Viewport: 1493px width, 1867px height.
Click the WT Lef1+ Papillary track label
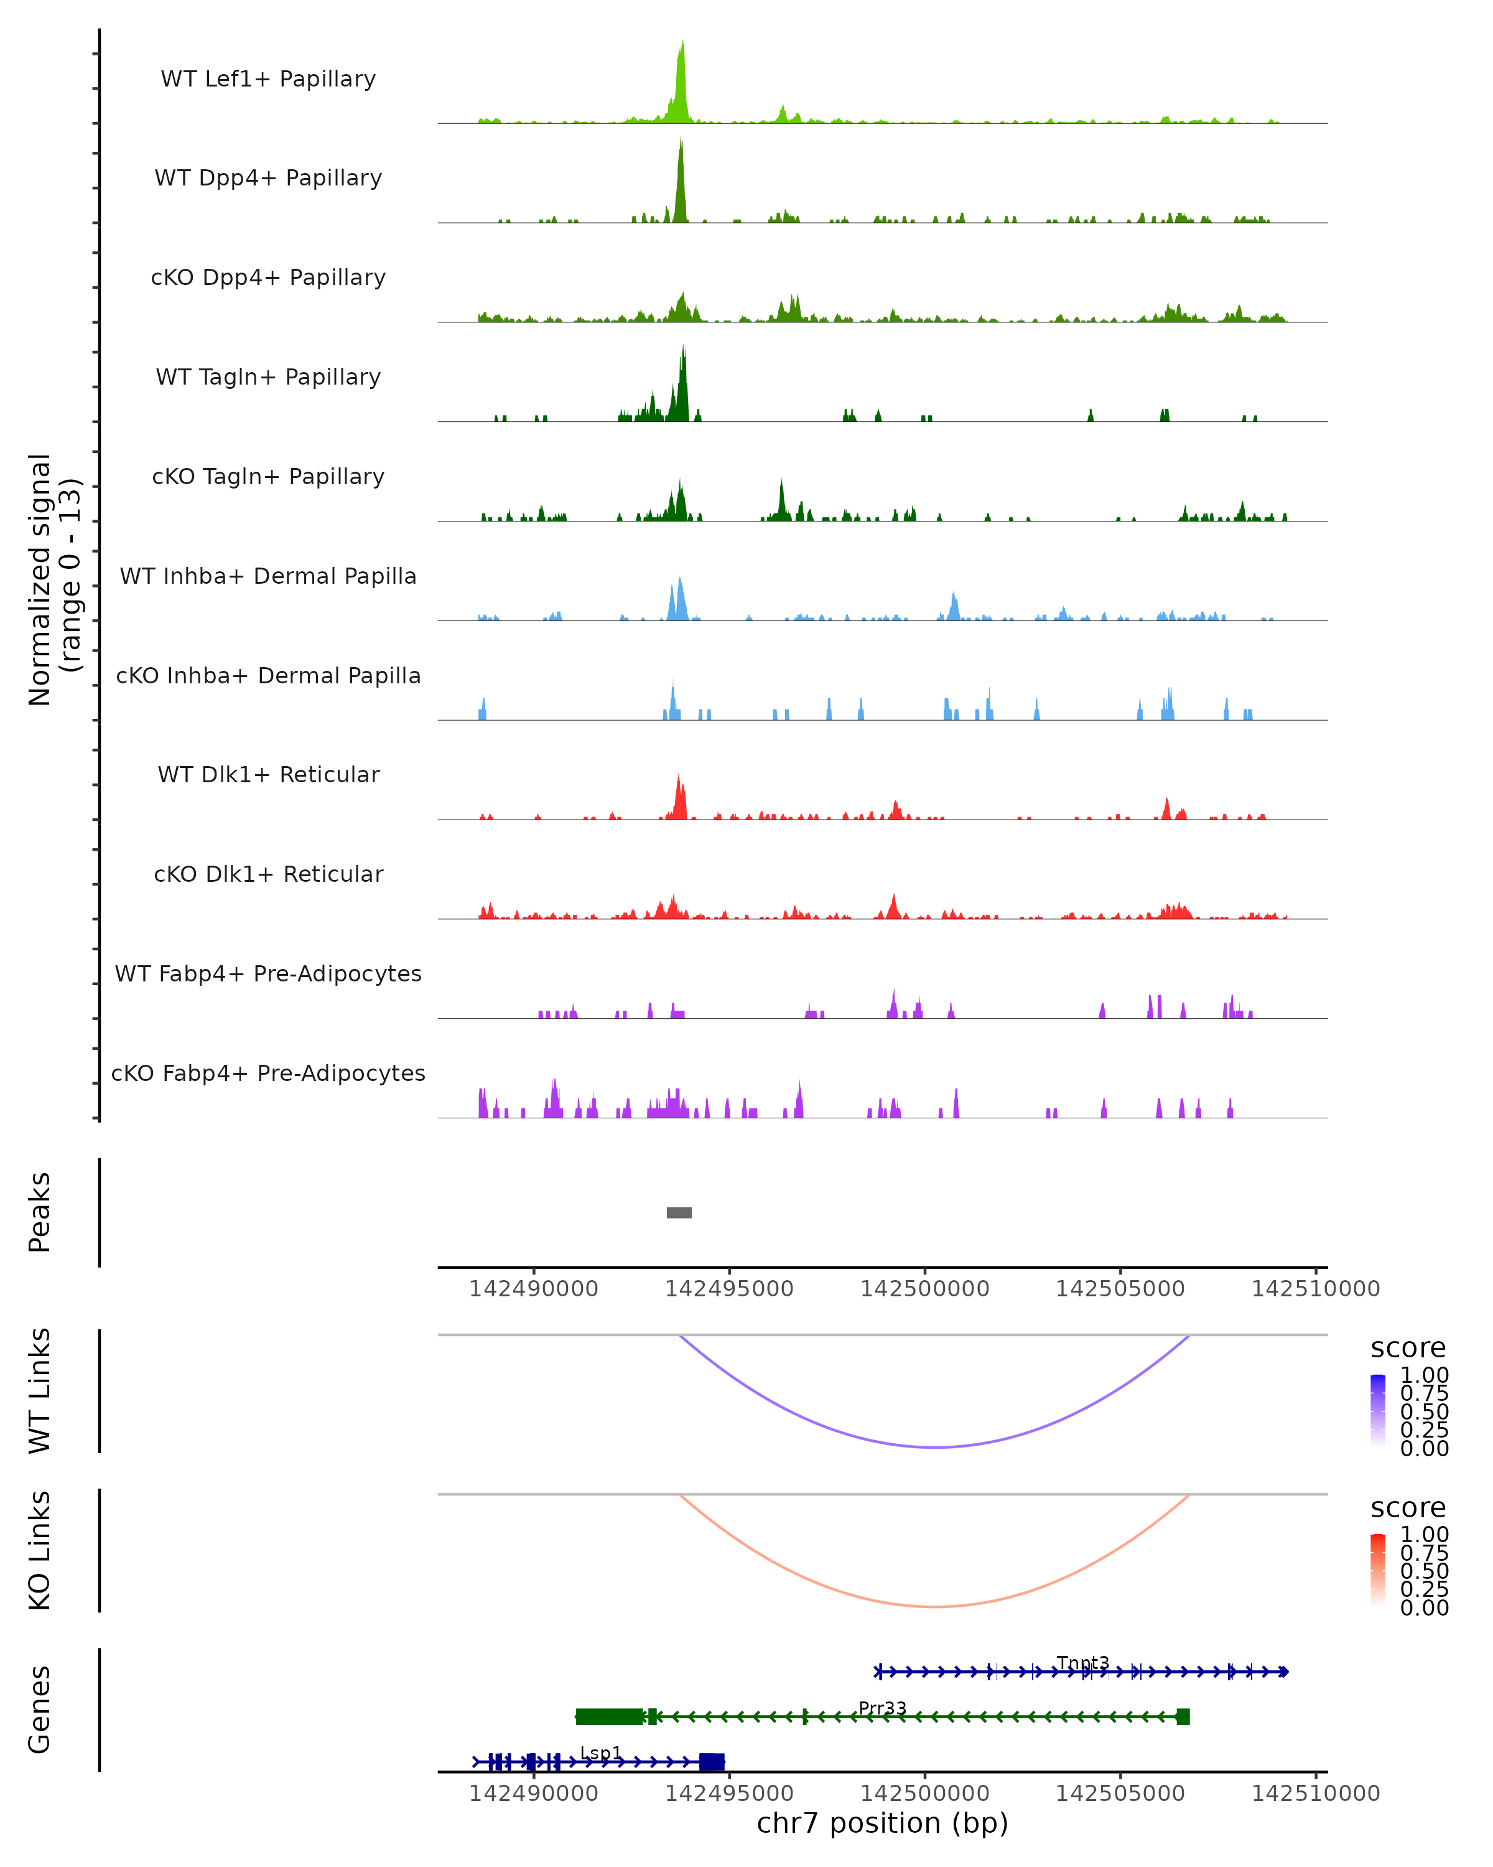coord(268,79)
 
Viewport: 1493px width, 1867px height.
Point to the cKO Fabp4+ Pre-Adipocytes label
coord(268,1073)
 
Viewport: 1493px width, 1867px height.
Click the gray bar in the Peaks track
coord(679,1212)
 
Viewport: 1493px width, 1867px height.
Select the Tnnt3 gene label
coord(1083,1663)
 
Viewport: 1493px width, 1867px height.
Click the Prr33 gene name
coord(882,1708)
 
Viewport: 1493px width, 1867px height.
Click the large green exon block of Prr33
coord(609,1716)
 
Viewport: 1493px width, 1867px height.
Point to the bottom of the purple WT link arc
coord(935,1447)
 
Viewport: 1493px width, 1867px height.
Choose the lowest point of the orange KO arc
coord(935,1606)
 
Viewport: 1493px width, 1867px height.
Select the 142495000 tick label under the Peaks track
coord(728,1289)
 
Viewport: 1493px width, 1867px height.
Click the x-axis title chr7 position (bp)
coord(882,1823)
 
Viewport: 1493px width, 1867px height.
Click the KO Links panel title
coord(40,1550)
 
